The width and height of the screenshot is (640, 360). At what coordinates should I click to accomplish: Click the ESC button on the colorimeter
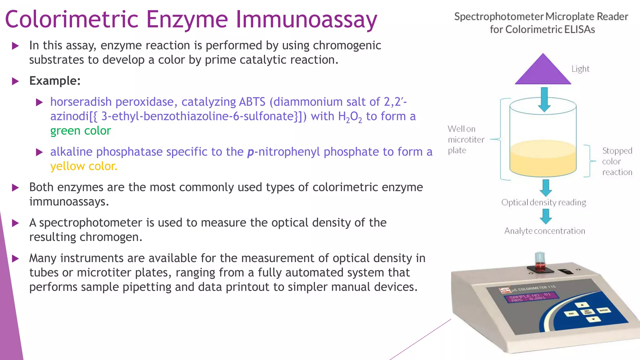click(571, 313)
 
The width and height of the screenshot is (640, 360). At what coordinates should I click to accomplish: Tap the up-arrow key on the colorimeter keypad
click(582, 305)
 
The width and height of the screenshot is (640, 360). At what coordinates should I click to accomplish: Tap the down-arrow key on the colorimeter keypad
click(593, 319)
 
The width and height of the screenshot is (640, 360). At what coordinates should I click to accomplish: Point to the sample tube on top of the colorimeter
click(540, 261)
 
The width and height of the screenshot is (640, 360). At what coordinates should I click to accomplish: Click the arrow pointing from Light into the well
click(544, 99)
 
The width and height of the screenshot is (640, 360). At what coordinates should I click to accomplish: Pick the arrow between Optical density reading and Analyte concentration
click(546, 216)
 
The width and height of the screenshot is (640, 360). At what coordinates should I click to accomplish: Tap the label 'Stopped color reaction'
click(617, 161)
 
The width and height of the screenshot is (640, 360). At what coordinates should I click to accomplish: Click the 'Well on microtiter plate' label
click(466, 139)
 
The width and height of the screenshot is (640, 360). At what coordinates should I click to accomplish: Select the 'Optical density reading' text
click(544, 202)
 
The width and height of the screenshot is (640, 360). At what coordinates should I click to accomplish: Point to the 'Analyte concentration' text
click(545, 231)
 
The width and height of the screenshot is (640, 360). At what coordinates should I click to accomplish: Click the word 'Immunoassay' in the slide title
click(306, 19)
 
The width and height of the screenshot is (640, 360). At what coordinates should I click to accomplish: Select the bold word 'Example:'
click(55, 81)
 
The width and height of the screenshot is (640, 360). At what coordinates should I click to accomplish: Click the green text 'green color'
click(81, 131)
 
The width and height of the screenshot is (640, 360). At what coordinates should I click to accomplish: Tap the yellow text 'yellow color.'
click(84, 166)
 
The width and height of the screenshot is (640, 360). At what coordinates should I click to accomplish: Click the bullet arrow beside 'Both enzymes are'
click(15, 188)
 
